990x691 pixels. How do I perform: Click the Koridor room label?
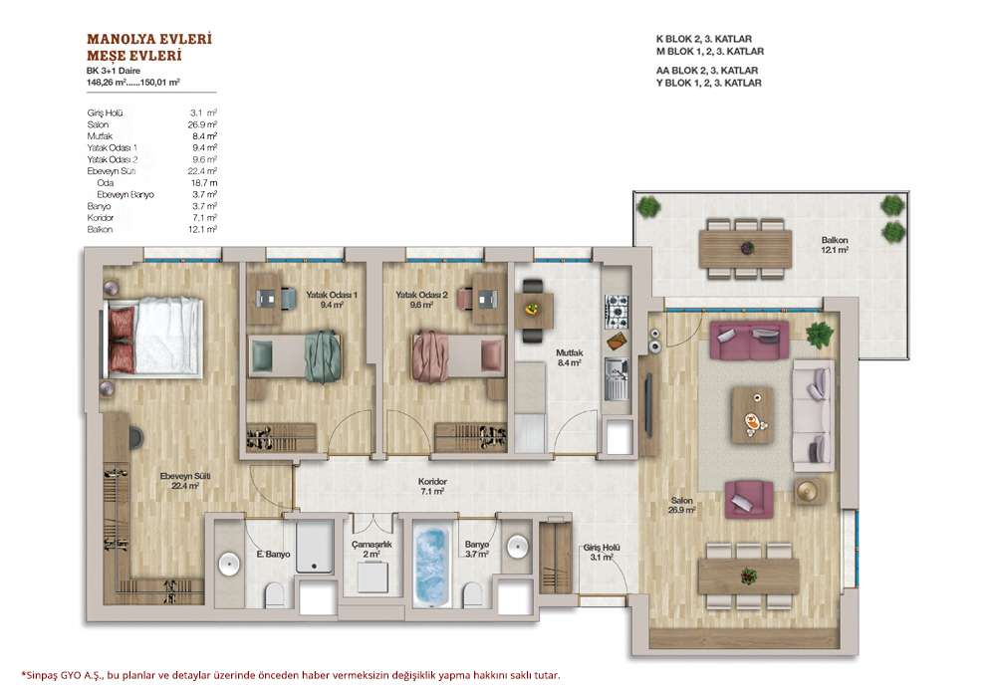(432, 486)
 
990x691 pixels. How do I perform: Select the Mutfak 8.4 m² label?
(569, 357)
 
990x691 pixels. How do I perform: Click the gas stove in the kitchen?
(617, 312)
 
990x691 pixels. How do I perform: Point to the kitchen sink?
(617, 378)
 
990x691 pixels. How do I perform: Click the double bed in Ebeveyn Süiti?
(153, 337)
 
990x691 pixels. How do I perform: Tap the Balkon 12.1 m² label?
(835, 245)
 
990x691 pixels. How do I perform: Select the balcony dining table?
(746, 249)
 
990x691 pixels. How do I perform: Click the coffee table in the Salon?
(752, 415)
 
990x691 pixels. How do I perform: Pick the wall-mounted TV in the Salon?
(647, 405)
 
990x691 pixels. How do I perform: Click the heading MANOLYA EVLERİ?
(149, 39)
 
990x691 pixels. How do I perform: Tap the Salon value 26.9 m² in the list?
(202, 124)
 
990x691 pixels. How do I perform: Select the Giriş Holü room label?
(602, 553)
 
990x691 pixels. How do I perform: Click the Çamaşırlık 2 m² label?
(371, 549)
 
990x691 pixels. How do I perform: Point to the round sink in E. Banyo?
(229, 564)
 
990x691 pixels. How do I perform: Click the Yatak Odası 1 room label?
(332, 299)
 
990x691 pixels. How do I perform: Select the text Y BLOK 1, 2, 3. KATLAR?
(708, 83)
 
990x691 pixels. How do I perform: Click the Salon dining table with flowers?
(749, 576)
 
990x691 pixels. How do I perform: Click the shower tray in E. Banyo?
(315, 547)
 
